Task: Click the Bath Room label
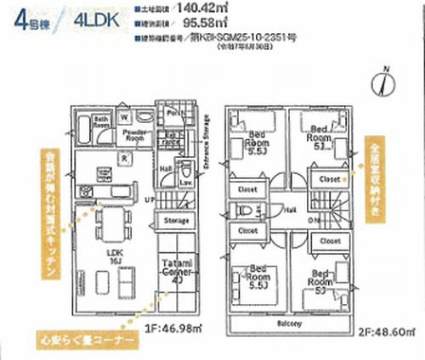click(x=99, y=121)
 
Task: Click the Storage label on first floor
click(x=176, y=221)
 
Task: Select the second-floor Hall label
click(x=291, y=208)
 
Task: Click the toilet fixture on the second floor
click(x=245, y=208)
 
